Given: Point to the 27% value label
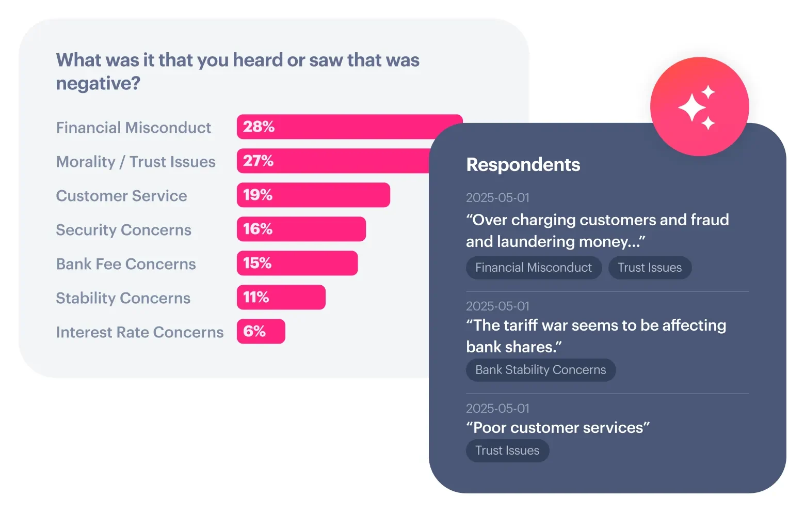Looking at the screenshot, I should point(258,161).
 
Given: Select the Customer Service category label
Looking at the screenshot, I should point(121,196).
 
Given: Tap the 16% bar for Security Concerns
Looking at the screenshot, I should point(301,229).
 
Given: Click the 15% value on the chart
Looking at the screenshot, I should point(257,263).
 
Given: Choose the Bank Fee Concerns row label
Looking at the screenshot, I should point(126,264).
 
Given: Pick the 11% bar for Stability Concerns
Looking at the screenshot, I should point(281,297).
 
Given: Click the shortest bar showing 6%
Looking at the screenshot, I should point(261,331).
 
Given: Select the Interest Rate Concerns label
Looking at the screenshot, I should point(140,332).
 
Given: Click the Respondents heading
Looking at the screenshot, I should point(523,165).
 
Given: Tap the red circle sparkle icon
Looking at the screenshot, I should point(699,106).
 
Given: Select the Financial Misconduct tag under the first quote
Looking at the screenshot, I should point(534,268).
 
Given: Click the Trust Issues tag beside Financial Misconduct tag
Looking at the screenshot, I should point(650,268).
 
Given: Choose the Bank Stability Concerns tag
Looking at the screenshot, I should point(540,370).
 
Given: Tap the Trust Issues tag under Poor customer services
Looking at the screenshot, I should point(507,451).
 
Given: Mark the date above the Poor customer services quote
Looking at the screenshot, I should point(497,408).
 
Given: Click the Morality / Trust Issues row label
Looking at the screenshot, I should point(136,162).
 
